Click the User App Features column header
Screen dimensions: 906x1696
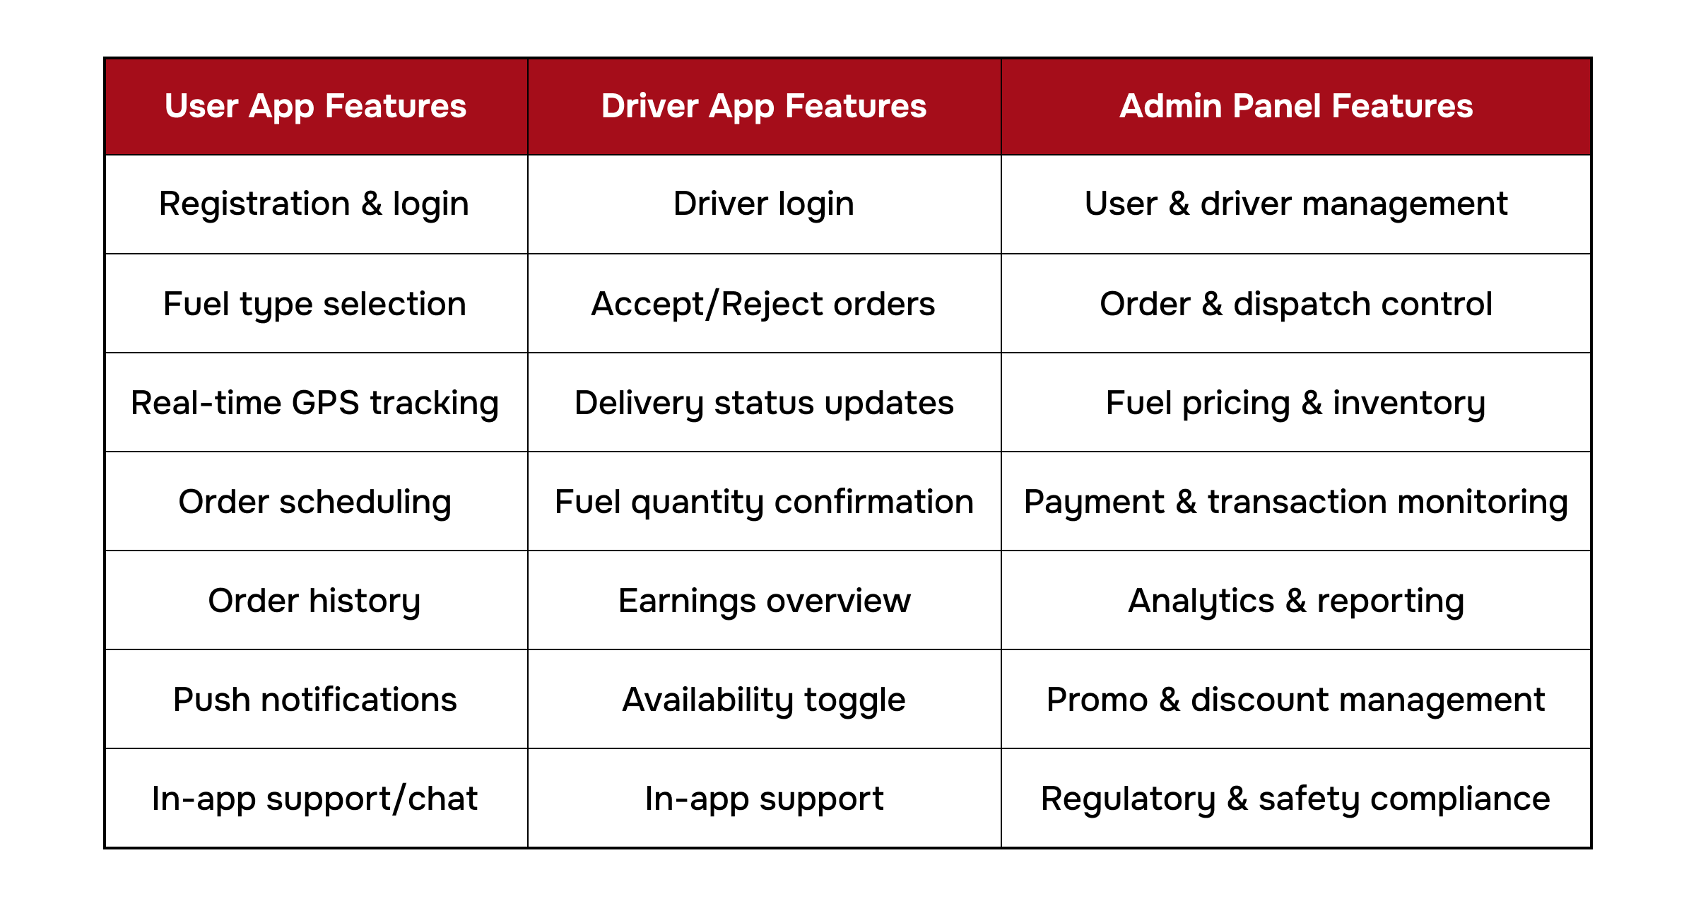315,106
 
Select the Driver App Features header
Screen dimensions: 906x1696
764,106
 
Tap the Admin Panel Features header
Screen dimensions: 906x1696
1296,106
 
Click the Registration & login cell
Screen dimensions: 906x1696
314,204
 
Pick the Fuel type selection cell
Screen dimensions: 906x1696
314,304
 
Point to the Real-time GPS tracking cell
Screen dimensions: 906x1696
314,403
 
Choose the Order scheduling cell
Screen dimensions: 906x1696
314,502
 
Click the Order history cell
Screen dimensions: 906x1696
314,601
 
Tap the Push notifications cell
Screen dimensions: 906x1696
314,700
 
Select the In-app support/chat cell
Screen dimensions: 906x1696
314,799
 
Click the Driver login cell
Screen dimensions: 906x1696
764,204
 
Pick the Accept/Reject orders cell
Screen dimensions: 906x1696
764,304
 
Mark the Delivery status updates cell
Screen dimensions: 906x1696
764,403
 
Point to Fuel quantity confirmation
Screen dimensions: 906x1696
764,502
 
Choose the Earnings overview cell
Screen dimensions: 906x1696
764,601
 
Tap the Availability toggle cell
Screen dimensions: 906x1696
764,700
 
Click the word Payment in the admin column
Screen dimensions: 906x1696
1093,502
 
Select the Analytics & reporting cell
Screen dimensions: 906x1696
1296,601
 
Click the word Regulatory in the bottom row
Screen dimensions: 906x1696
1128,799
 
